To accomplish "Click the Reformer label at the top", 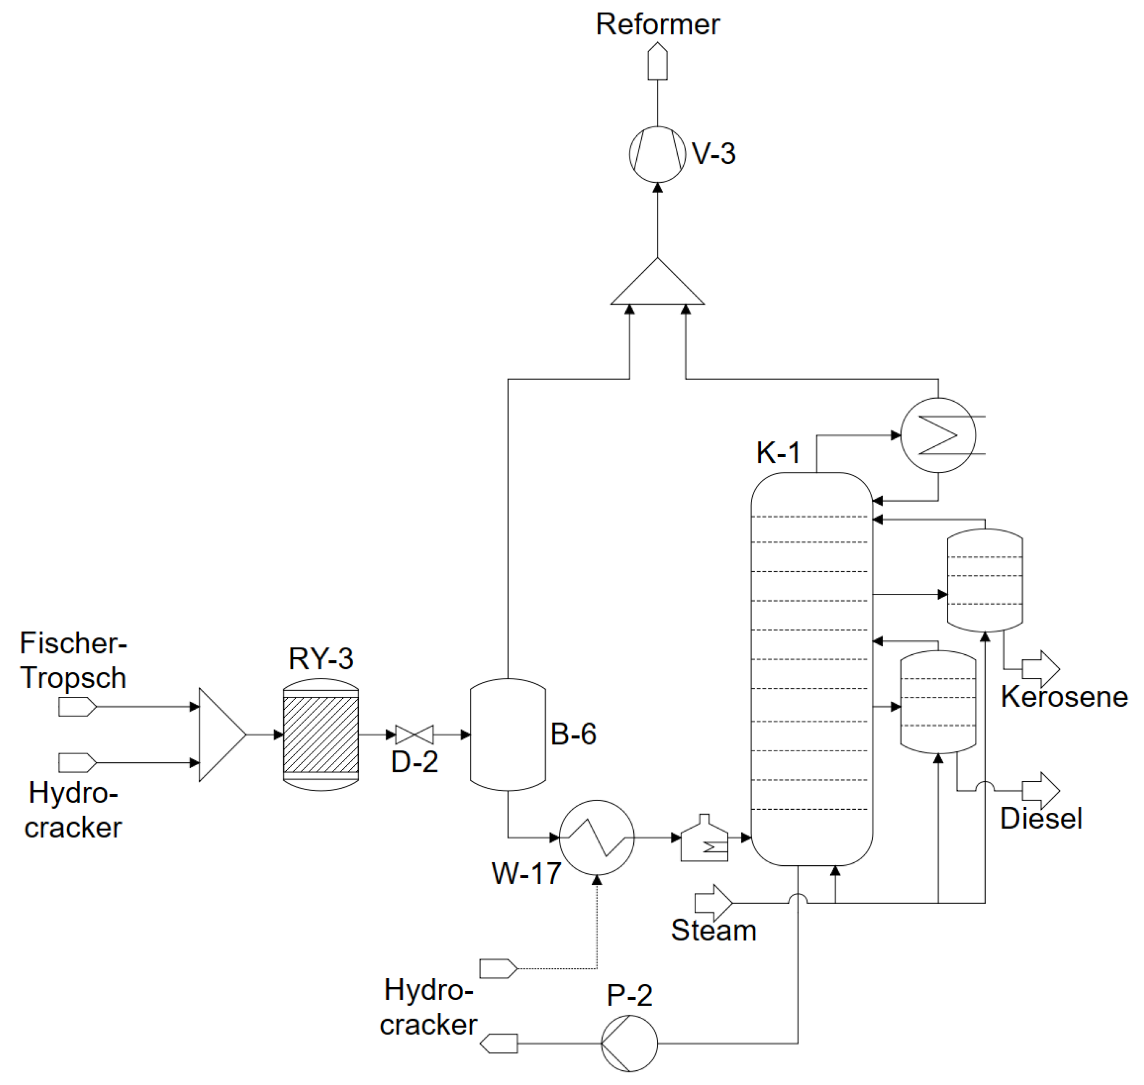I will tap(657, 25).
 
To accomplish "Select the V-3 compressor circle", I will tap(657, 154).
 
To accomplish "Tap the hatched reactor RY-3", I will tap(321, 735).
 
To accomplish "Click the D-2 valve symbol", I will tap(414, 735).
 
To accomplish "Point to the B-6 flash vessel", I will tap(508, 735).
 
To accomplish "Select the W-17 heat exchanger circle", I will tap(596, 837).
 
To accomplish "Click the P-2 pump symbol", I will tap(629, 1043).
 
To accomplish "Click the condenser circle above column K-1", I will tap(938, 435).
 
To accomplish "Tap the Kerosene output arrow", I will tap(1041, 669).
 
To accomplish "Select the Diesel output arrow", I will tap(1041, 790).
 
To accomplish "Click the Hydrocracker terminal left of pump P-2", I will tap(499, 1043).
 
